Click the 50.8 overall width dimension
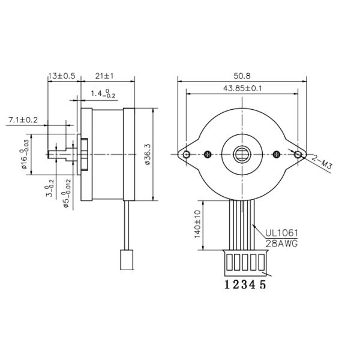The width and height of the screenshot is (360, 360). (242, 76)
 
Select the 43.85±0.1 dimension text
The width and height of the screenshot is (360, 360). (242, 88)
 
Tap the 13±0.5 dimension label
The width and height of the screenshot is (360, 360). (62, 76)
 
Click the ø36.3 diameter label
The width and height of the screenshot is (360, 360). (148, 155)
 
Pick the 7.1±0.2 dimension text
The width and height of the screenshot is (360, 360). (23, 120)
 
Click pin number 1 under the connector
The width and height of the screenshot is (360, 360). (227, 285)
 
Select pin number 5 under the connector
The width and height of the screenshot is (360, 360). (263, 285)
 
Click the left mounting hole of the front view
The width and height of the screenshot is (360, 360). (187, 155)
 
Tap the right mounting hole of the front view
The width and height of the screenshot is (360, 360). (298, 155)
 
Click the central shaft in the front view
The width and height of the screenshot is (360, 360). (242, 154)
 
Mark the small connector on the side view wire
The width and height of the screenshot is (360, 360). (127, 259)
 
